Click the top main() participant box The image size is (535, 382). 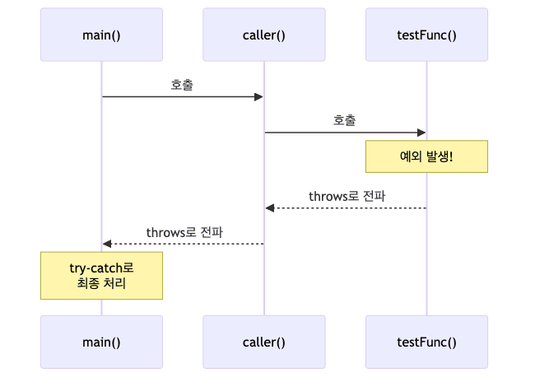point(101,35)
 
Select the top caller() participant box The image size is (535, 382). point(264,35)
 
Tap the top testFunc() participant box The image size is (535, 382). point(426,35)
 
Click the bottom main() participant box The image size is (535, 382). point(101,342)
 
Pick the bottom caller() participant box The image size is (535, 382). point(264,342)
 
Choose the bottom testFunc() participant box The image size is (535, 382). point(426,342)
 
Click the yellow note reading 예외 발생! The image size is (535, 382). point(426,156)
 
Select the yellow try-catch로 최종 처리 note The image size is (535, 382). point(101,276)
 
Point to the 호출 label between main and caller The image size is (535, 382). point(183,84)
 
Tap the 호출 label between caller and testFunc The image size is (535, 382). point(345,120)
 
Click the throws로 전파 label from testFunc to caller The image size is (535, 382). point(347,196)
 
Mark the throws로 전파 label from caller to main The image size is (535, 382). point(184,233)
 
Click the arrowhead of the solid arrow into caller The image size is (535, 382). point(258,97)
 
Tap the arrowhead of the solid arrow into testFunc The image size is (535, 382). point(421,133)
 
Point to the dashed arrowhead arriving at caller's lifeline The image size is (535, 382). point(270,207)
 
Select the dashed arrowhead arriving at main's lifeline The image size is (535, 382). point(107,244)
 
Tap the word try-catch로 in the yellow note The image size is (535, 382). point(101,268)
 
